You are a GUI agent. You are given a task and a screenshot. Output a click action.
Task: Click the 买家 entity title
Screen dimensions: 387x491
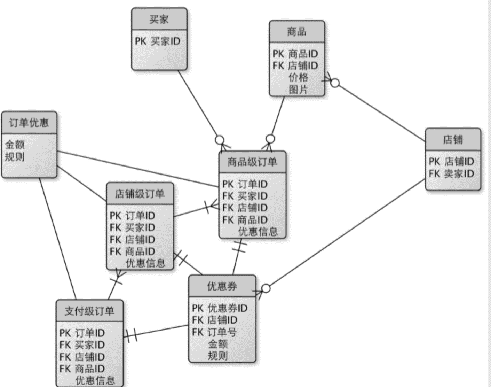coord(159,20)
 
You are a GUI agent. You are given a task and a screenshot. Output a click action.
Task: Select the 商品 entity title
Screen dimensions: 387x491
coord(297,32)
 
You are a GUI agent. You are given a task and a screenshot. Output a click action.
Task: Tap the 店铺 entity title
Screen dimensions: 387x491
coord(453,140)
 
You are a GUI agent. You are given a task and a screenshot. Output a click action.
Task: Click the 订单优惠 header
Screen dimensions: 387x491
coord(29,123)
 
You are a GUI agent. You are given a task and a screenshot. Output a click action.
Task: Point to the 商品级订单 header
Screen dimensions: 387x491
coord(252,162)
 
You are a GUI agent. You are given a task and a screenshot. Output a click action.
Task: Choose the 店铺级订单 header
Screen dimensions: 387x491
coord(140,194)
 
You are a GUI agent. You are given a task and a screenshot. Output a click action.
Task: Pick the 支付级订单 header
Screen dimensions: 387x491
coord(89,311)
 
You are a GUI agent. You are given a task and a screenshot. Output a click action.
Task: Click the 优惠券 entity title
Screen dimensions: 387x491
coord(222,286)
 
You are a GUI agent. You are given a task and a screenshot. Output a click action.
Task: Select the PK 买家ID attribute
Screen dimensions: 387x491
coord(158,41)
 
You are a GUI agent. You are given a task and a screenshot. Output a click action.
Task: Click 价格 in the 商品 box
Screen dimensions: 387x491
coord(299,77)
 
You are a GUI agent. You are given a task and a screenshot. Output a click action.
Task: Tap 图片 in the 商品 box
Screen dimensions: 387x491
coord(299,90)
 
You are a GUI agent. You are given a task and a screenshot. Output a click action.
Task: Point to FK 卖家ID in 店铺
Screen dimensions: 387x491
coord(451,173)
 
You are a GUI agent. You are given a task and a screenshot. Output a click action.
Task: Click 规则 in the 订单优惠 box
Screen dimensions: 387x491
coord(15,157)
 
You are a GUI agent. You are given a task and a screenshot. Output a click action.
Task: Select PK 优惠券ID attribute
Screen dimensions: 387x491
coord(220,308)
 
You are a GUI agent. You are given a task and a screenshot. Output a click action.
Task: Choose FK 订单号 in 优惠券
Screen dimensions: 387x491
coord(214,332)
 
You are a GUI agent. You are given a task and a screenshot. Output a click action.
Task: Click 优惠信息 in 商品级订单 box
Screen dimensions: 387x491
coord(258,231)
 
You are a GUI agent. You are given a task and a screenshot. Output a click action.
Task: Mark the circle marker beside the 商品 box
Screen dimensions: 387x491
coord(335,83)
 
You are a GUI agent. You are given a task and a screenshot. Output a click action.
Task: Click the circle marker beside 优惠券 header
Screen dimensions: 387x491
coord(266,288)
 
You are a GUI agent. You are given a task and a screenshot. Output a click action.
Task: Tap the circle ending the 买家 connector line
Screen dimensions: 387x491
coord(220,140)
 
